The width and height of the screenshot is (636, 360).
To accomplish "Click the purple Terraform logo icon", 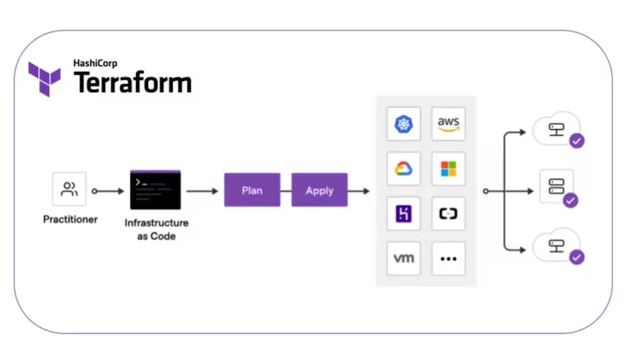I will (x=44, y=79).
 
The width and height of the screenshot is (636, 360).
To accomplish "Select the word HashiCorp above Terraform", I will (x=96, y=63).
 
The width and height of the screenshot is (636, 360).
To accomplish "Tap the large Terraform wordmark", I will (x=133, y=83).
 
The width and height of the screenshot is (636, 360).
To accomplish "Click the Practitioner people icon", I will (x=69, y=189).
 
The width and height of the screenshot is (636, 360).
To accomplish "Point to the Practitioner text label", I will (x=70, y=220).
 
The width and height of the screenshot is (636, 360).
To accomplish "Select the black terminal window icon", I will (x=155, y=190).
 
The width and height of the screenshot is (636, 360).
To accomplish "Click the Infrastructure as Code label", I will (x=156, y=230).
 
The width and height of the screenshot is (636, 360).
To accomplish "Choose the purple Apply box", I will (x=319, y=190).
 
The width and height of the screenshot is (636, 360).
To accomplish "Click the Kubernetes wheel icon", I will (x=404, y=124).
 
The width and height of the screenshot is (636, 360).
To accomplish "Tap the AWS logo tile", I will (x=448, y=124).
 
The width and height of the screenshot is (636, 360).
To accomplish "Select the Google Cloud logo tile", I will (x=404, y=169).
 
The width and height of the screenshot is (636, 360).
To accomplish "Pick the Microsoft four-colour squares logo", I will (x=448, y=169).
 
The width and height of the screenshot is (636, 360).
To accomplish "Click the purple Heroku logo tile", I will (x=404, y=214).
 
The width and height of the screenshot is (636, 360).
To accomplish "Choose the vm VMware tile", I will (x=404, y=258).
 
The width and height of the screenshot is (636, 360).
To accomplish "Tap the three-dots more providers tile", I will (x=448, y=258).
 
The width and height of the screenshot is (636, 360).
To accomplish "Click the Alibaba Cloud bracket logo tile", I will (x=448, y=214).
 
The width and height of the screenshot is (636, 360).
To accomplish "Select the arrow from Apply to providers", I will (x=359, y=190).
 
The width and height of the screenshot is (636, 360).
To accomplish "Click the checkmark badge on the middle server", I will (x=570, y=200).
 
